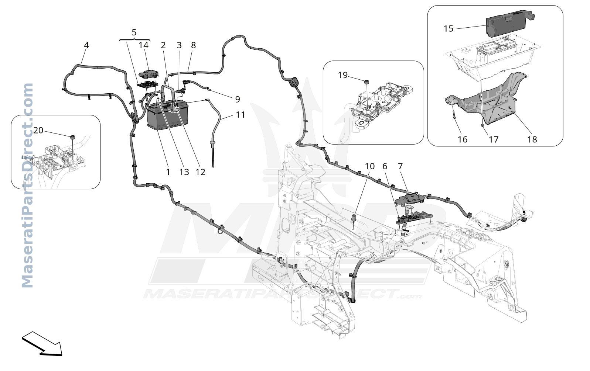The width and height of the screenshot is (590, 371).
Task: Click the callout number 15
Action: click(x=448, y=28)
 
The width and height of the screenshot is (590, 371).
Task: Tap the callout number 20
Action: click(x=38, y=130)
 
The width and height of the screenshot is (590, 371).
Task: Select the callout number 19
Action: click(x=343, y=75)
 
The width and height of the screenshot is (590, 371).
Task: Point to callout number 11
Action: click(x=240, y=115)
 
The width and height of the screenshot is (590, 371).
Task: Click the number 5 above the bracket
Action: click(x=134, y=32)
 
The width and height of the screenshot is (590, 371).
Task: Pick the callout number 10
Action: click(x=369, y=166)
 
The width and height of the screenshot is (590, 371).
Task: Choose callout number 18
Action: click(x=532, y=139)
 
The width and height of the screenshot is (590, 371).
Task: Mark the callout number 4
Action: click(x=86, y=45)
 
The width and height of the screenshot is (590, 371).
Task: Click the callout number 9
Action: click(x=237, y=100)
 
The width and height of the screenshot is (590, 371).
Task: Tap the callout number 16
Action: click(x=462, y=139)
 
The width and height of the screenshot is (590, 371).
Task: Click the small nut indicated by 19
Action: click(x=366, y=81)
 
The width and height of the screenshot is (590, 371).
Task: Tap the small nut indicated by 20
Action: click(x=72, y=137)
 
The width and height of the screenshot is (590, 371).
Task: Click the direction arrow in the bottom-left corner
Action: click(x=42, y=344)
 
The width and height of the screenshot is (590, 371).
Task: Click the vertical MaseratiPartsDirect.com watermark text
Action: click(x=27, y=185)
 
